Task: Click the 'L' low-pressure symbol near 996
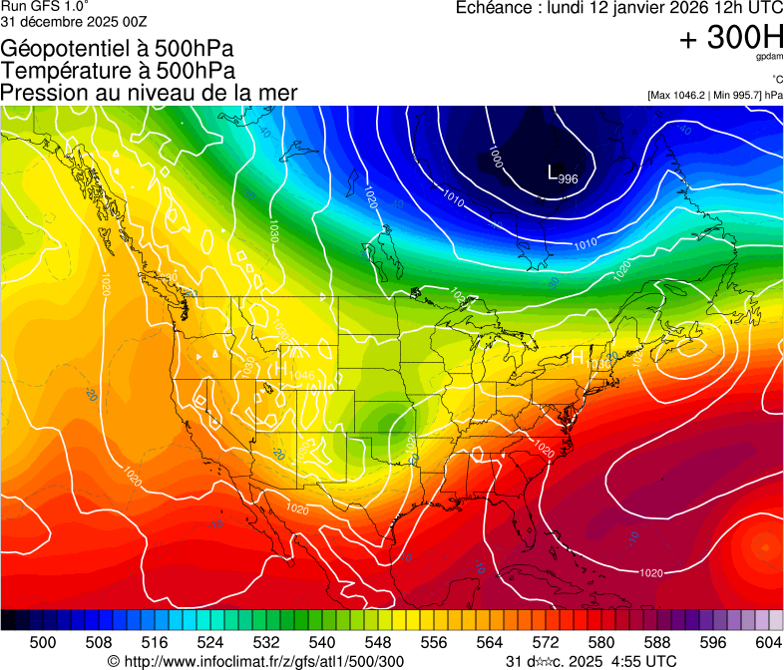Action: [554, 172]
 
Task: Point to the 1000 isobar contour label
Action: [496, 157]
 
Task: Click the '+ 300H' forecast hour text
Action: [730, 38]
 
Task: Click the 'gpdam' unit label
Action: [769, 59]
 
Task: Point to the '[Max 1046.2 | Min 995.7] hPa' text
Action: [714, 96]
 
